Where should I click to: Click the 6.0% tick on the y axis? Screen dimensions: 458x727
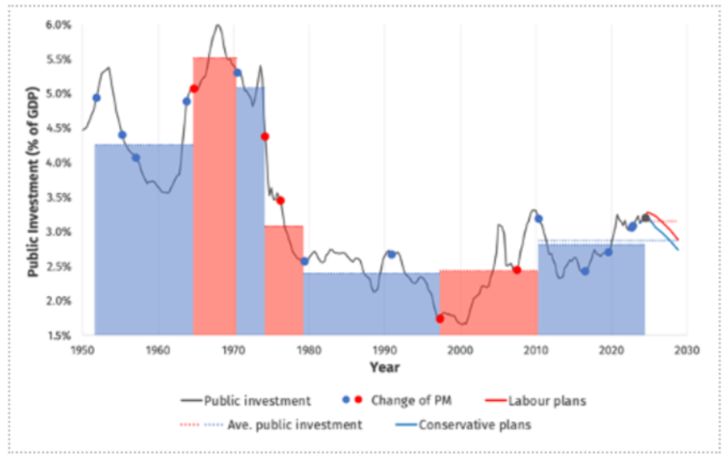click(x=59, y=25)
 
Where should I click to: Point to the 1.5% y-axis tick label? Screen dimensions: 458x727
click(x=59, y=335)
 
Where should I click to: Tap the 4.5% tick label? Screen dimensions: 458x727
click(x=59, y=128)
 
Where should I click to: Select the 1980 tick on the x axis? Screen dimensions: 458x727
click(x=308, y=349)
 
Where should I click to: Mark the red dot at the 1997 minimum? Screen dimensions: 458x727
click(x=440, y=318)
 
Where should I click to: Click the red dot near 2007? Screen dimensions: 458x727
click(x=517, y=270)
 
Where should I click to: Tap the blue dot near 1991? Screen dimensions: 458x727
click(x=391, y=254)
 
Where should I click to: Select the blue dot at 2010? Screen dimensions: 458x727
click(x=538, y=219)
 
